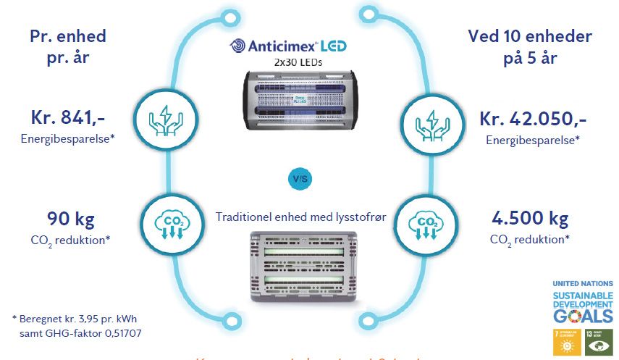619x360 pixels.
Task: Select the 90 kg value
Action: click(x=71, y=218)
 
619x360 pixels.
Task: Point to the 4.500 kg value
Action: click(x=529, y=218)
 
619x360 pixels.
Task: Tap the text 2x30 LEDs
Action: click(x=298, y=63)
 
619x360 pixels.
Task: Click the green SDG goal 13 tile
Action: click(x=599, y=341)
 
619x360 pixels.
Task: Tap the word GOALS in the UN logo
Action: click(x=583, y=316)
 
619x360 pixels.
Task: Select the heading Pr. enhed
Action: click(x=69, y=36)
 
